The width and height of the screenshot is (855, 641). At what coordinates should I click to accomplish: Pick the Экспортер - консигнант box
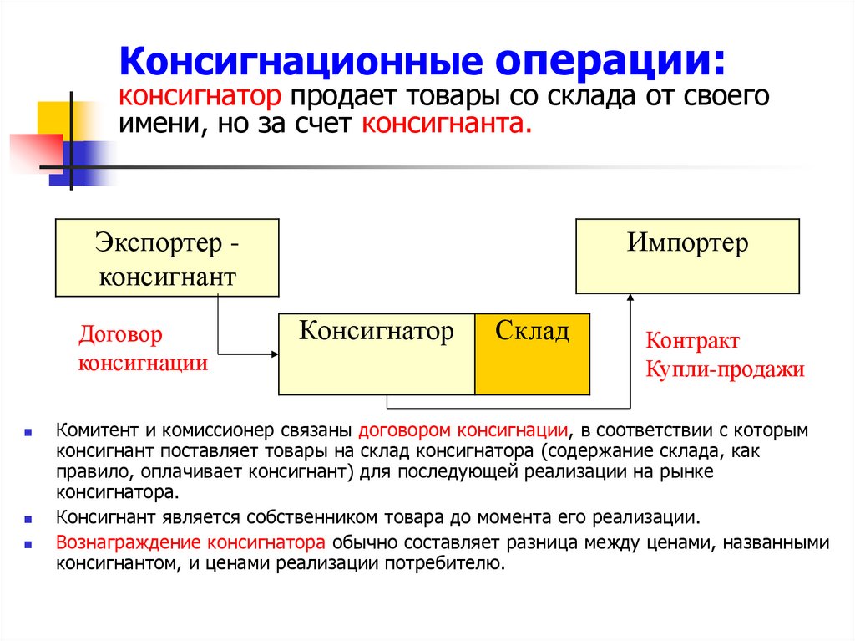click(167, 258)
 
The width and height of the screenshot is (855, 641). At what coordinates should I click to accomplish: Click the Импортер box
click(687, 255)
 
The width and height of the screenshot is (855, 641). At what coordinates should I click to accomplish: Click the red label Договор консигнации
click(143, 349)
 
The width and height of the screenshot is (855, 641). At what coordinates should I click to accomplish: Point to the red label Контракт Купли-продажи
click(724, 356)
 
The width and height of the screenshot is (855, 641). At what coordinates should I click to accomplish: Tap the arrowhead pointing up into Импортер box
click(629, 298)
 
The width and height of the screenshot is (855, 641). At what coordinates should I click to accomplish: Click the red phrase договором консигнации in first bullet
click(463, 431)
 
